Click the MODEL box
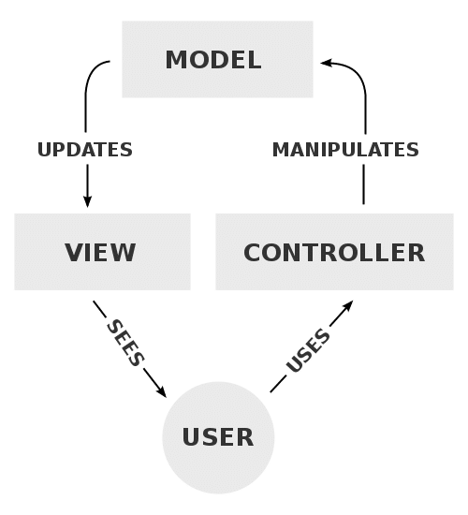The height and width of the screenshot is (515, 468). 217,61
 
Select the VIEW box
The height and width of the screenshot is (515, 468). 102,251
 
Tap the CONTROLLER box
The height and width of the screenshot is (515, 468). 334,251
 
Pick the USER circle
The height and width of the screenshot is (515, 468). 218,437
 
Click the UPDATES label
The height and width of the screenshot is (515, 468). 84,150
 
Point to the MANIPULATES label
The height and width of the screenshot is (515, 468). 345,150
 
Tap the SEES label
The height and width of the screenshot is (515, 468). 126,341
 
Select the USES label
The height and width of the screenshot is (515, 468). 309,351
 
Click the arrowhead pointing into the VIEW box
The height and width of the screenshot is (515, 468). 88,200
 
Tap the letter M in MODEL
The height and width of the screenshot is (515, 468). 176,61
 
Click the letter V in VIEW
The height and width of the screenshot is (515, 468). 74,252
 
